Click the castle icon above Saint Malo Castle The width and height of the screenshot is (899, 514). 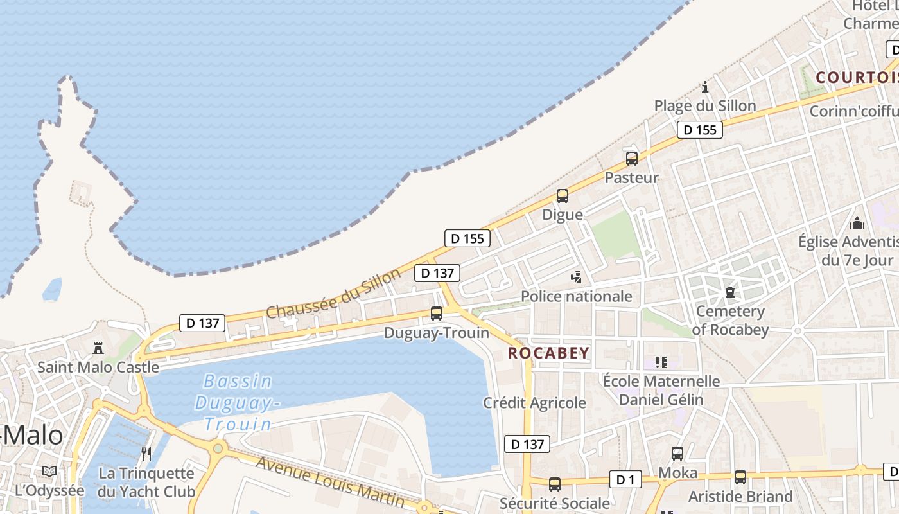(98, 348)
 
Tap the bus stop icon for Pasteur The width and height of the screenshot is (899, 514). (632, 159)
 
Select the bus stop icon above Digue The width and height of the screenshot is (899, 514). (563, 196)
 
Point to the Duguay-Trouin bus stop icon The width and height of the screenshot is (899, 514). (437, 314)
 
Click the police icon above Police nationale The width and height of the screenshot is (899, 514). (577, 278)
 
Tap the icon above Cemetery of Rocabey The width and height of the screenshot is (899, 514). (729, 293)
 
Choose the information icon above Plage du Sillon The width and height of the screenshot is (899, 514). (705, 87)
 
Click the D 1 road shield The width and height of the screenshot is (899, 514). (625, 479)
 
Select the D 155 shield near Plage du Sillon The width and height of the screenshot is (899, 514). (700, 130)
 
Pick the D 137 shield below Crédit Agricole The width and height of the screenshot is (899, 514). (527, 444)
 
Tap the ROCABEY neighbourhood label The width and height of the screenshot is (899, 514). (548, 353)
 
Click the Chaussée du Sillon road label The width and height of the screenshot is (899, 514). (333, 294)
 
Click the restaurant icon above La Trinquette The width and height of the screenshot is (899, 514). (146, 454)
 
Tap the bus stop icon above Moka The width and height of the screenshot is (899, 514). (677, 454)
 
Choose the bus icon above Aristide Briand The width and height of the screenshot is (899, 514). (740, 477)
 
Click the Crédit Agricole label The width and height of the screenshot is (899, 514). (534, 403)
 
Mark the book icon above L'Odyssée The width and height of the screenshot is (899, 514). (49, 471)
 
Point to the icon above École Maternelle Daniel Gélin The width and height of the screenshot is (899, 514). (661, 362)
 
